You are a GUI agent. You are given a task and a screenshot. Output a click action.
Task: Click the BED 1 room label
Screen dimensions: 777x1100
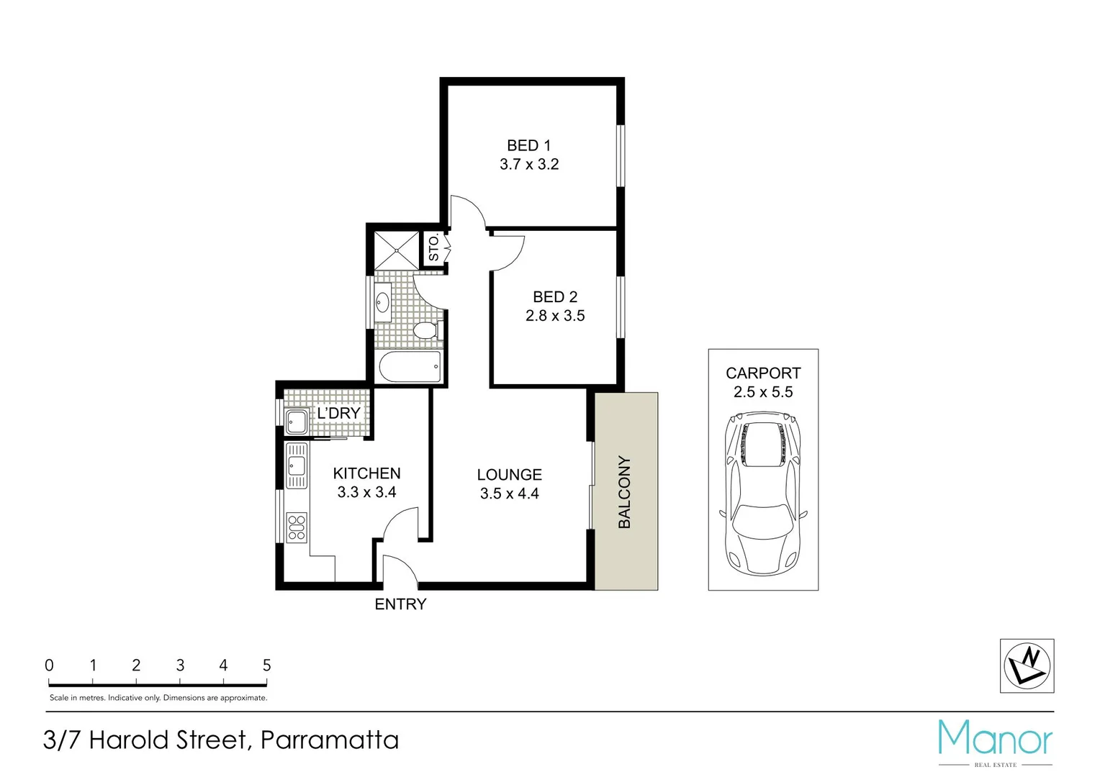(528, 145)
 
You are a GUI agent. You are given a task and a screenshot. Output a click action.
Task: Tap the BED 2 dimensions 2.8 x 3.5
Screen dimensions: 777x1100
(554, 316)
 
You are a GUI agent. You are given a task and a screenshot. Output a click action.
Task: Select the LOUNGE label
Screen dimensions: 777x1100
(509, 475)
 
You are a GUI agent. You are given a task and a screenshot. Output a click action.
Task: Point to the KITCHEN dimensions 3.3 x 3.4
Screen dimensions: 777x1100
(366, 493)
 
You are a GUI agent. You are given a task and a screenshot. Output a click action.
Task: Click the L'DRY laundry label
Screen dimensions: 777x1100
(338, 414)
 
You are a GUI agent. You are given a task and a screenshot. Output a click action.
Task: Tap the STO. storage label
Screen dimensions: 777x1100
(433, 247)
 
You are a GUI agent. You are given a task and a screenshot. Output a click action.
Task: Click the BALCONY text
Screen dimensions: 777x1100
(624, 492)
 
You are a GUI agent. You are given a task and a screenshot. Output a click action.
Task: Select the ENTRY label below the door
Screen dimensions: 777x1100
(400, 604)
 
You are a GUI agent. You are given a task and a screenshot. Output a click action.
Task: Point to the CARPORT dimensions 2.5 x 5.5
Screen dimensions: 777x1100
(763, 392)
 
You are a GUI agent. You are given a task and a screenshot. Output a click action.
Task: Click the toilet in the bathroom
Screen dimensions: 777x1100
(425, 331)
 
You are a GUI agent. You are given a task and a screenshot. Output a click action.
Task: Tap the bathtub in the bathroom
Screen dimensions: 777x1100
(408, 368)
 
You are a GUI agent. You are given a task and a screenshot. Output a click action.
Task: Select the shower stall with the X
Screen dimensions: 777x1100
(397, 250)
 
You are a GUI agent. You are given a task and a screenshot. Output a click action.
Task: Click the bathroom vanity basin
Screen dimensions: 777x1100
(382, 301)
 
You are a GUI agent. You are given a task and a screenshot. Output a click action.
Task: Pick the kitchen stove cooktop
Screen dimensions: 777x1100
(297, 527)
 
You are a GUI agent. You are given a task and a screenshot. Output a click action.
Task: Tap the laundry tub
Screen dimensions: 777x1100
(296, 422)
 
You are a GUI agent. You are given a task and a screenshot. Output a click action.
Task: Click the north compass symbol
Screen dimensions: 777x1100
(1027, 665)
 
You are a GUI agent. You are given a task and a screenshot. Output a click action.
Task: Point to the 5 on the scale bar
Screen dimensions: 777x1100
(266, 665)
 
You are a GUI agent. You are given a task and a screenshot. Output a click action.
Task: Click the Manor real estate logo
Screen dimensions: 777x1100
(995, 742)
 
